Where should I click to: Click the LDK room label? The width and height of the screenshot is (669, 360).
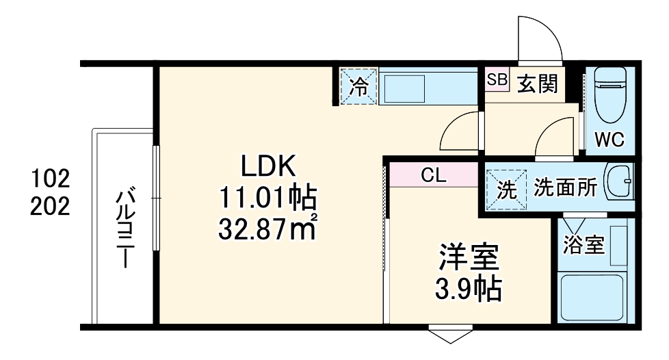click(267, 166)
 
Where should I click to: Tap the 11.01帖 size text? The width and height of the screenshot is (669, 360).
click(267, 198)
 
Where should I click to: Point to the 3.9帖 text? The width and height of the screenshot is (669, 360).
click(469, 291)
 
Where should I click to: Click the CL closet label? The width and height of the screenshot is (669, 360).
click(433, 176)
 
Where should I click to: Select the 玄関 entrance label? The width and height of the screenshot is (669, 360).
click(537, 83)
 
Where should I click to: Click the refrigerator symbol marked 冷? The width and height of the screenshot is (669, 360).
click(358, 86)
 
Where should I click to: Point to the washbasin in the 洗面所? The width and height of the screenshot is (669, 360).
click(620, 183)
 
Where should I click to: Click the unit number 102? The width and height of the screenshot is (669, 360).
click(50, 180)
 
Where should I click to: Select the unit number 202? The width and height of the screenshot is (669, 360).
click(50, 206)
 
